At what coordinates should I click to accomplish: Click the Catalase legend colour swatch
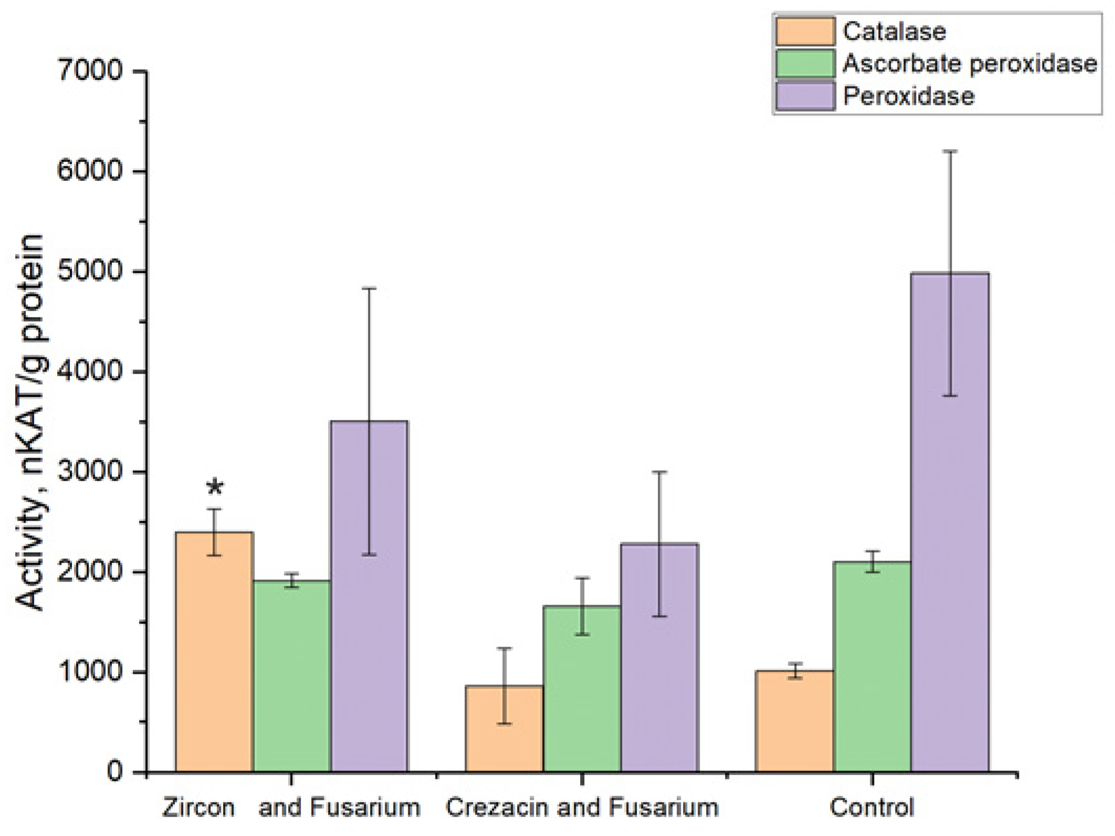pos(805,31)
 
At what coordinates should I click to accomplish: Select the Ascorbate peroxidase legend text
pos(970,64)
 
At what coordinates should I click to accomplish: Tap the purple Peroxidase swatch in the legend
pos(805,96)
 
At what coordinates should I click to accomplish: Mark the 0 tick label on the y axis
pos(114,772)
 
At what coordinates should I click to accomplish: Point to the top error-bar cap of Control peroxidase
pos(951,152)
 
